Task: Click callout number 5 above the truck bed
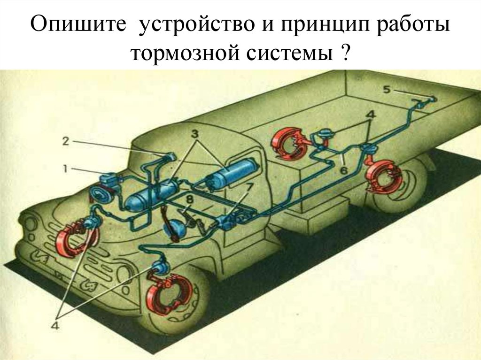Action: (x=386, y=90)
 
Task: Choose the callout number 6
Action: (x=343, y=171)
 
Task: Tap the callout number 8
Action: (x=189, y=199)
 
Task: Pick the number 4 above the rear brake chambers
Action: (x=371, y=115)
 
